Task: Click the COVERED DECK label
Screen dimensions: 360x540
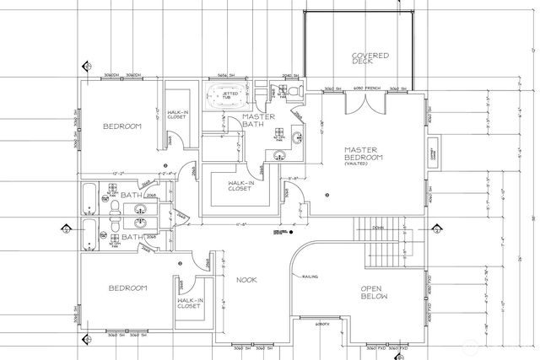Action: pyautogui.click(x=370, y=61)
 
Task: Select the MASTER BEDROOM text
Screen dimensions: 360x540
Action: pyautogui.click(x=364, y=153)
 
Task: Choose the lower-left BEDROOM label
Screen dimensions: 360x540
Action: pyautogui.click(x=128, y=287)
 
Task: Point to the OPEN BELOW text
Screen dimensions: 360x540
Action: pyautogui.click(x=373, y=292)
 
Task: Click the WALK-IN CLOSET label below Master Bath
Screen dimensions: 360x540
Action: pyautogui.click(x=239, y=185)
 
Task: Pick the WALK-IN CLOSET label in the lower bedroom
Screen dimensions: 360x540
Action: pyautogui.click(x=188, y=303)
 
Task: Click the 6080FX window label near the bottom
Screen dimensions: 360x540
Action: pyautogui.click(x=321, y=323)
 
